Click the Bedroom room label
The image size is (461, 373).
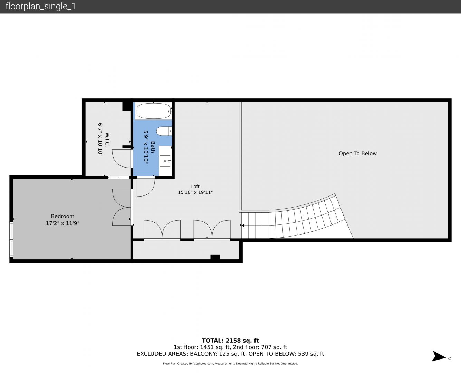pos(63,216)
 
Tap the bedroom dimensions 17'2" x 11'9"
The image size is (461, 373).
pos(63,223)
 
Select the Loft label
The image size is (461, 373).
pos(195,186)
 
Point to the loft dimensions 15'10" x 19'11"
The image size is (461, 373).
pos(195,192)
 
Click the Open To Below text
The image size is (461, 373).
pos(357,153)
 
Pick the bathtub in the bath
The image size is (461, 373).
pos(154,111)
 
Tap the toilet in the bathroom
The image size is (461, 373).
pos(164,131)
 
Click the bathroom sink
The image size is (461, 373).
pos(165,161)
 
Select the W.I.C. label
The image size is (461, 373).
pos(107,139)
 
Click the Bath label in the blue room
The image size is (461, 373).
pos(153,147)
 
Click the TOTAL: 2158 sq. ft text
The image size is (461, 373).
pos(230,341)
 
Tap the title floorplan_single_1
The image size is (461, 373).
pos(40,7)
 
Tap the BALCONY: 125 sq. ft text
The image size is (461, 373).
pos(218,354)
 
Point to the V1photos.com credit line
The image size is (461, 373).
pos(230,364)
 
